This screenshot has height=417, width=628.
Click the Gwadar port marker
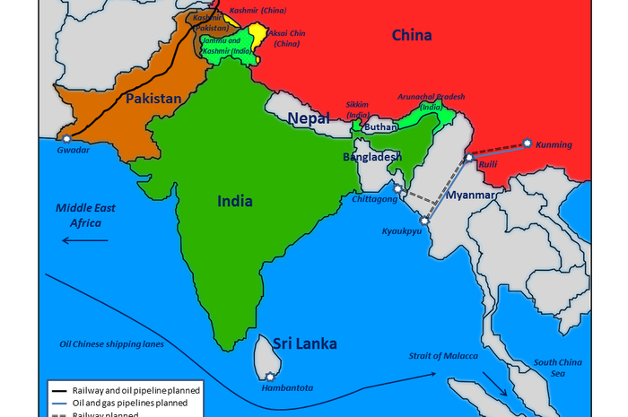pyautogui.click(x=66, y=138)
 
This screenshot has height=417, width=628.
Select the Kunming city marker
pyautogui.click(x=528, y=143)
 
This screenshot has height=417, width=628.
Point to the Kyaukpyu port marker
pyautogui.click(x=424, y=219)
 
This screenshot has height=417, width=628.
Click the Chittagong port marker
pyautogui.click(x=398, y=188)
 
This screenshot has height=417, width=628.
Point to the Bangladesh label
pyautogui.click(x=372, y=156)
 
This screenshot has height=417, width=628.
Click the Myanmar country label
pyautogui.click(x=472, y=195)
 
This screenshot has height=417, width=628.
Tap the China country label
pyautogui.click(x=412, y=36)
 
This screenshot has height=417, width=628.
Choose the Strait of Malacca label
pyautogui.click(x=444, y=356)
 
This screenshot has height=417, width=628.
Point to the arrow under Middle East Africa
pyautogui.click(x=84, y=240)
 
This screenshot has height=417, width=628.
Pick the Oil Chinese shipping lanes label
pyautogui.click(x=111, y=344)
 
